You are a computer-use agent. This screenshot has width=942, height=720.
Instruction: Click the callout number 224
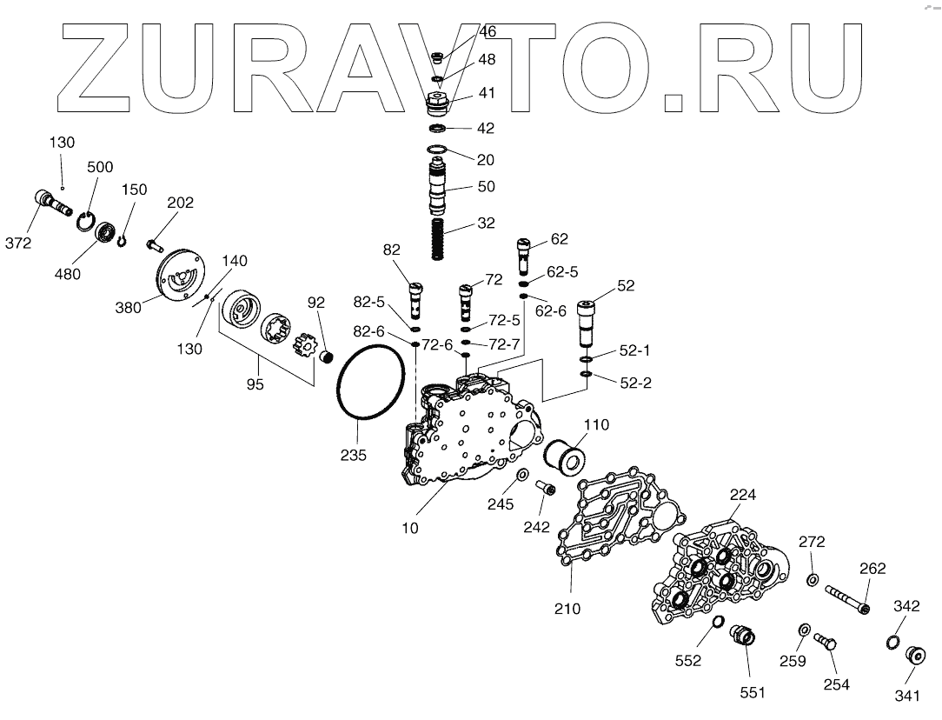[742, 495]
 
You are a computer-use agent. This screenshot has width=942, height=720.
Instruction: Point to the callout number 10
[409, 528]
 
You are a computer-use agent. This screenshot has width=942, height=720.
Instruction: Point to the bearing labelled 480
[106, 233]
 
